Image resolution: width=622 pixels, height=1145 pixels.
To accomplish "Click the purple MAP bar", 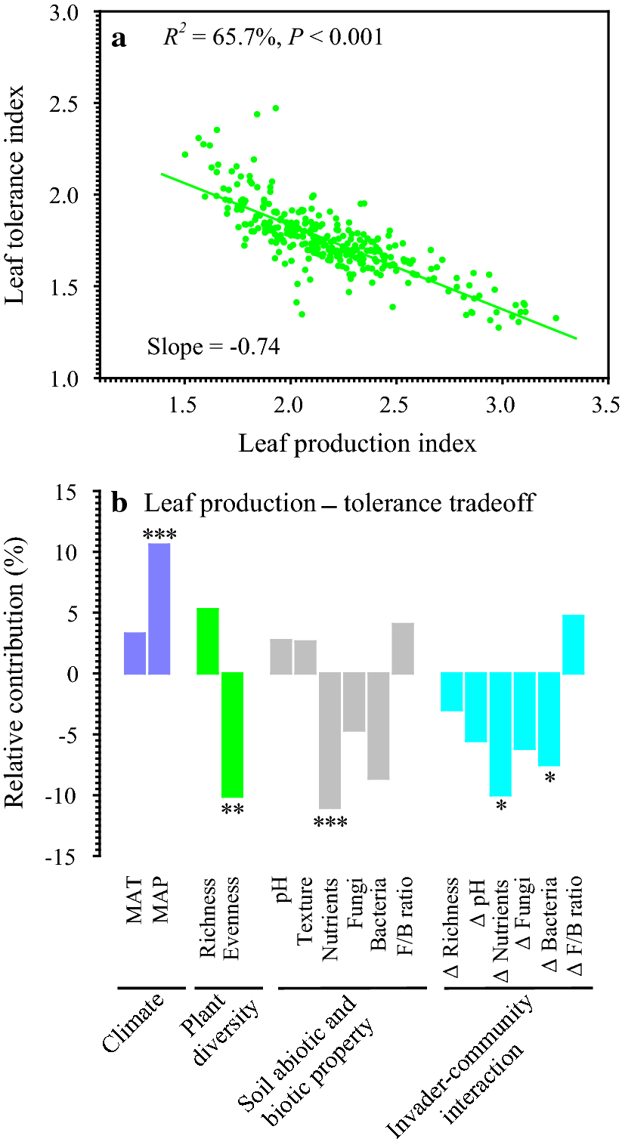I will pyautogui.click(x=159, y=608).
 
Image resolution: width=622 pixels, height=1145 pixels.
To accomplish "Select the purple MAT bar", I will pyautogui.click(x=135, y=653).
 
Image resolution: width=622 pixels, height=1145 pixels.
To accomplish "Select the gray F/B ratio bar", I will pyautogui.click(x=403, y=648).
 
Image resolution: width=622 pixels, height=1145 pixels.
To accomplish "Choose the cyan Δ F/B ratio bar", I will pyautogui.click(x=574, y=644).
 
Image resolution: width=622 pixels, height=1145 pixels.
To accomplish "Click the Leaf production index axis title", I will pyautogui.click(x=357, y=443).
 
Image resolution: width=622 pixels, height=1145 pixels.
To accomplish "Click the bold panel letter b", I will pyautogui.click(x=119, y=503).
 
